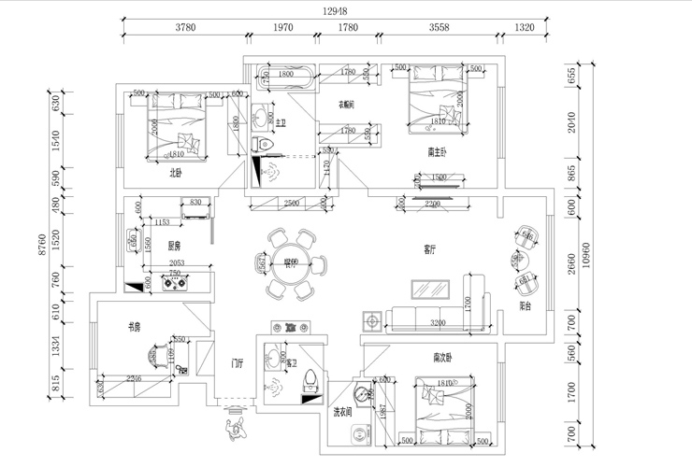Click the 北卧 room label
[x=175, y=172]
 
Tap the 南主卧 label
[x=437, y=151]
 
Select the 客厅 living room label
[x=430, y=249]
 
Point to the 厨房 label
[x=174, y=247]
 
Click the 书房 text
[x=134, y=327]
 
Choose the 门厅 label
[x=238, y=363]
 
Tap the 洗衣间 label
[x=342, y=411]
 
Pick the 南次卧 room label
[x=442, y=357]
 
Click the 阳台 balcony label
[x=526, y=305]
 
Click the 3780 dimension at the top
[x=185, y=28]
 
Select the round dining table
[x=292, y=264]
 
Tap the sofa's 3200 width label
[x=438, y=323]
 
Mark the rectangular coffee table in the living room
[x=434, y=288]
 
